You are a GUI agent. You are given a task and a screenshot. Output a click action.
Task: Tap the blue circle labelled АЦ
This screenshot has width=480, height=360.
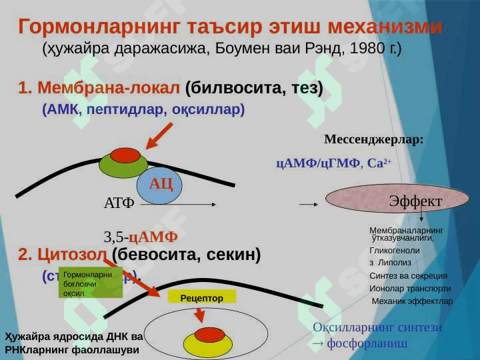pyautogui.click(x=160, y=185)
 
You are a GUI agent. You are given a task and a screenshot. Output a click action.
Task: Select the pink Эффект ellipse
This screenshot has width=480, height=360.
pyautogui.click(x=388, y=200)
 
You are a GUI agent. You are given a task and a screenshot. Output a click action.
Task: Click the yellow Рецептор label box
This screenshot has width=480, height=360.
pyautogui.click(x=201, y=298)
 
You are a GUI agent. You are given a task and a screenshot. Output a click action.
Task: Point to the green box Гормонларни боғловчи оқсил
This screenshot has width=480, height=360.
pyautogui.click(x=87, y=283)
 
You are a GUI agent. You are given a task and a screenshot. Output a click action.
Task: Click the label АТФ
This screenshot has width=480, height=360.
pyautogui.click(x=119, y=203)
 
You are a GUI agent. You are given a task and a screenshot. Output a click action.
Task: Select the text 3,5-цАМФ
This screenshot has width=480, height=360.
pyautogui.click(x=140, y=237)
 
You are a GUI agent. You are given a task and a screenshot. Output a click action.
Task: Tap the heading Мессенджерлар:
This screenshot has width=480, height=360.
pyautogui.click(x=373, y=140)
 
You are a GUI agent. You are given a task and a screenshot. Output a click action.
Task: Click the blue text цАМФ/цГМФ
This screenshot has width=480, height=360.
pyautogui.click(x=318, y=163)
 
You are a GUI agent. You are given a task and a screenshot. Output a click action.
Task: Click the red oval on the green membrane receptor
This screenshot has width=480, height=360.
pyautogui.click(x=125, y=155)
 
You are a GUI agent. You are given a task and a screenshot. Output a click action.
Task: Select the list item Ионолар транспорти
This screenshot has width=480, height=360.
pyautogui.click(x=410, y=289)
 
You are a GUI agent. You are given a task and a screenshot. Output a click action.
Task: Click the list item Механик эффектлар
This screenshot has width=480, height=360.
pyautogui.click(x=412, y=301)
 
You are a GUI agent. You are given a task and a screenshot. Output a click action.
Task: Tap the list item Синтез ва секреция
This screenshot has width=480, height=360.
pyautogui.click(x=408, y=276)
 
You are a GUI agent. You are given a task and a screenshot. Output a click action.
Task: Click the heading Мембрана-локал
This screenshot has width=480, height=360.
pyautogui.click(x=109, y=88)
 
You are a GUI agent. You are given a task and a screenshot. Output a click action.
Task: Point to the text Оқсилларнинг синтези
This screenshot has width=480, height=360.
pyautogui.click(x=377, y=327)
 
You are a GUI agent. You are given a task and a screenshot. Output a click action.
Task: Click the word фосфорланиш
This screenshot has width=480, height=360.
pyautogui.click(x=367, y=344)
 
